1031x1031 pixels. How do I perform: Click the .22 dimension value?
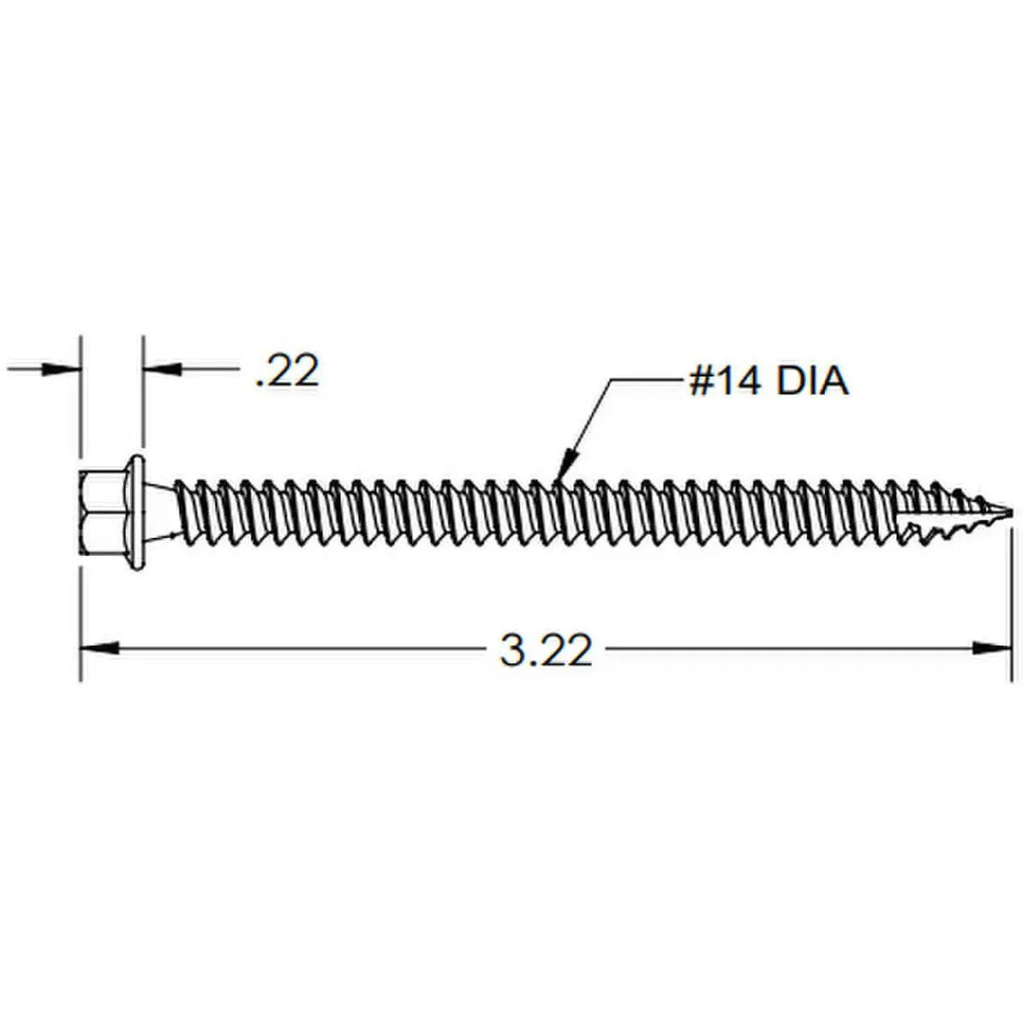(287, 372)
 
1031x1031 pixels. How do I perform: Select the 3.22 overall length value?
(546, 650)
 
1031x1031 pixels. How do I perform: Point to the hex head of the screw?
(101, 514)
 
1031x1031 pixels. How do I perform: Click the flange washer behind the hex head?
(136, 514)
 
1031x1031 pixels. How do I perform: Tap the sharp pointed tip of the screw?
(1008, 513)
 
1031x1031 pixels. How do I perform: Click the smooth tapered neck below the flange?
(167, 514)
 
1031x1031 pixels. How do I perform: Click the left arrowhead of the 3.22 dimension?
(98, 648)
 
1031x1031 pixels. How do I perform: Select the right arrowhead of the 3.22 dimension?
(992, 648)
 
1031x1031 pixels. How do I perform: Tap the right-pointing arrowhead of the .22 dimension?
(62, 369)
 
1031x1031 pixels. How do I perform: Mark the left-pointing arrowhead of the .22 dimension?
(160, 369)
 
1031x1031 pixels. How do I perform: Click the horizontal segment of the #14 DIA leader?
(647, 380)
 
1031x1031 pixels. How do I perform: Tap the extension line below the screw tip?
(1011, 609)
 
